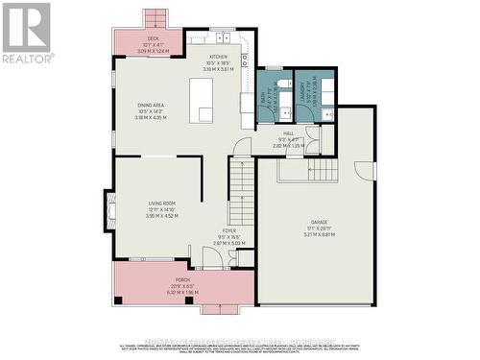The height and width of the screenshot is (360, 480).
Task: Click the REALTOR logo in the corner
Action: click(x=26, y=33)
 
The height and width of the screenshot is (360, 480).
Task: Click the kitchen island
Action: click(x=204, y=101)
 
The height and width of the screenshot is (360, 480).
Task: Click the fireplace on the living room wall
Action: click(x=108, y=207)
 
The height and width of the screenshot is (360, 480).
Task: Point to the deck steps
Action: click(x=155, y=18)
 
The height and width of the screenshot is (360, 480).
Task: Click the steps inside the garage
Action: click(x=309, y=170)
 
